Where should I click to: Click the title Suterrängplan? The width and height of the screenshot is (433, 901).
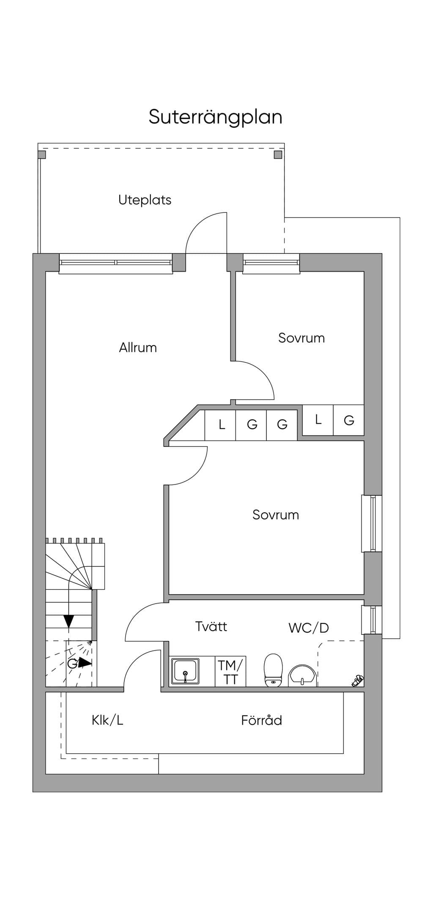215,117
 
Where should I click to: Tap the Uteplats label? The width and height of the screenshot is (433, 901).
145,200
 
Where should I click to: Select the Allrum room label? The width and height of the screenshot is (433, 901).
138,348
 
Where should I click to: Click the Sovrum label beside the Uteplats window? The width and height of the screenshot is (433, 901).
301,338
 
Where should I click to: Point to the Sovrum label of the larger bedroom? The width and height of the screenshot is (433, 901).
276,514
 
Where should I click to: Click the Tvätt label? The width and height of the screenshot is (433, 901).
211,626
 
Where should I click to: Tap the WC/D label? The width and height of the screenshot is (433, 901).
309,628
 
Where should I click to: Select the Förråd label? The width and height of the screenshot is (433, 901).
261,720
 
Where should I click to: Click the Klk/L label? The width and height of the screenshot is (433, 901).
107,720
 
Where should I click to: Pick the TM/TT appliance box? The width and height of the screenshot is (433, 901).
230,672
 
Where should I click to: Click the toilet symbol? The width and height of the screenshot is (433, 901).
273,670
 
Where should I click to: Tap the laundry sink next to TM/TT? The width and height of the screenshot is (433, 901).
185,671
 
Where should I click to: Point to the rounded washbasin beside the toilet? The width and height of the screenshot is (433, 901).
302,676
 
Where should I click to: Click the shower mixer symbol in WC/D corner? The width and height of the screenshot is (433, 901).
357,680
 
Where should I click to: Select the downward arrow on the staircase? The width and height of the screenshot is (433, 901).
69,621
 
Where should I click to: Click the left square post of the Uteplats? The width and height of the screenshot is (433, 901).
42,155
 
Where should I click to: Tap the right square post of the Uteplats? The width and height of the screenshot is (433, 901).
278,155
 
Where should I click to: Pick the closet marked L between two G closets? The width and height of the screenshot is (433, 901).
318,420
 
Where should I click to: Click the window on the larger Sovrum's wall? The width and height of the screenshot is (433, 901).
372,523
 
